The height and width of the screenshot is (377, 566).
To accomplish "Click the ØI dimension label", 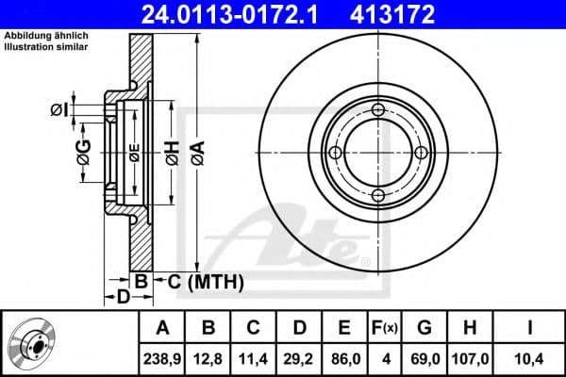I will click(x=59, y=111).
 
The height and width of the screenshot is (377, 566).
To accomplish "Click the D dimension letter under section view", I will click(x=123, y=299).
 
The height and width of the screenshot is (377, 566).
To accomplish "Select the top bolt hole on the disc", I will click(x=378, y=111).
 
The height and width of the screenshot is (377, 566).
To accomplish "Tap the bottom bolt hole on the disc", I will click(x=378, y=195).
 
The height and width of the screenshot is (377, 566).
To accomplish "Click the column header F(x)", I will click(x=386, y=328).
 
